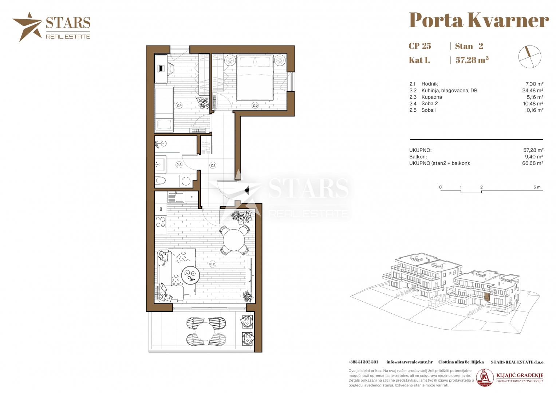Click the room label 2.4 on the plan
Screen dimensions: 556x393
(x=179, y=105)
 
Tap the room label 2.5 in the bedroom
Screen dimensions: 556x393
(x=255, y=105)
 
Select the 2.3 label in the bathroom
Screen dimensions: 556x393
(x=179, y=164)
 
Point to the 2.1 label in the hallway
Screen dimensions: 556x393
(x=213, y=165)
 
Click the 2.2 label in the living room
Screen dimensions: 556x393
(x=213, y=264)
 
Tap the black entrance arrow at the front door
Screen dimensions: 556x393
(x=247, y=190)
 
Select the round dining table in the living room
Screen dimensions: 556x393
(x=234, y=240)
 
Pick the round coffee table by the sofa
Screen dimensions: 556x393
(x=190, y=275)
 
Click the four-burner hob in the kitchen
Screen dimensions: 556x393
(x=160, y=222)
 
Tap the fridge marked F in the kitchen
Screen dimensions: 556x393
(x=192, y=197)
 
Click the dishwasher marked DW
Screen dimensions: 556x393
(x=161, y=209)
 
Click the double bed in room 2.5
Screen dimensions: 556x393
(x=255, y=78)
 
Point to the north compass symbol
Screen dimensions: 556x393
(x=529, y=57)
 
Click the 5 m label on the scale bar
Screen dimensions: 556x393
(x=537, y=187)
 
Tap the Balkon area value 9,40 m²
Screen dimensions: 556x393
(x=533, y=157)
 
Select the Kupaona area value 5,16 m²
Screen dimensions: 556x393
(x=533, y=97)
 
